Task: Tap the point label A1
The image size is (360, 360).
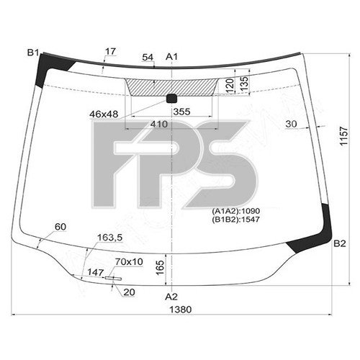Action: pos(171,57)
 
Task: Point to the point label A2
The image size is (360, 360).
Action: pos(171,296)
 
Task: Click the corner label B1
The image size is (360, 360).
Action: pos(33,53)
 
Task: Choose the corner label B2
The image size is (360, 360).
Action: pos(340,243)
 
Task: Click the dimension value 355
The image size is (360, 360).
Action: pos(181,112)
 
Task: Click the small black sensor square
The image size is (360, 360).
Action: pos(171,98)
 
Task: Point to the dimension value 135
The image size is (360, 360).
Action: pos(246,85)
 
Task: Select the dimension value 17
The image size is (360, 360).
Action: pos(109,51)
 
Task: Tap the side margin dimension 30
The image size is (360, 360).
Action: pos(291,124)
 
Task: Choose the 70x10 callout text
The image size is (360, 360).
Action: pos(130,261)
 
